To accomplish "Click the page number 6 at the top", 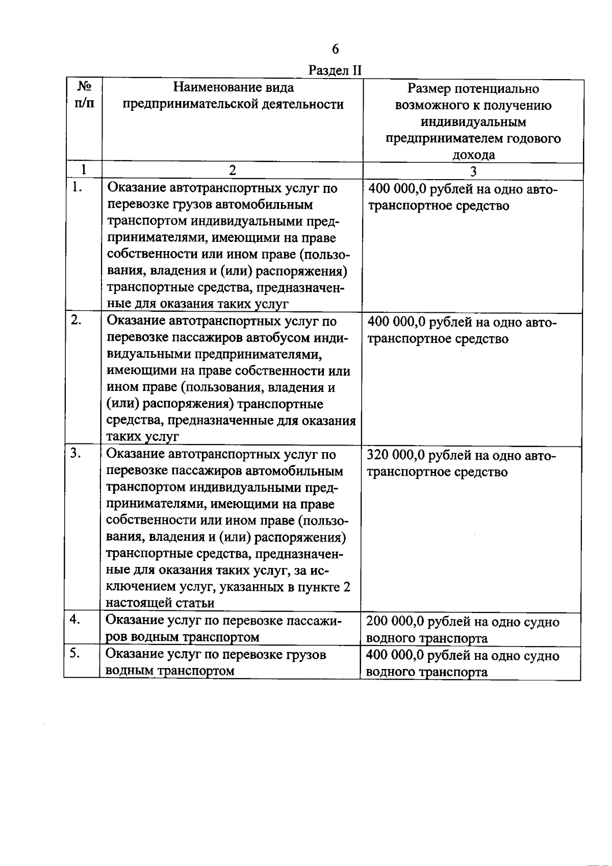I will (335, 49).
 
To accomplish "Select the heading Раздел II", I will (335, 70).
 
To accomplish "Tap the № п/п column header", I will (83, 95).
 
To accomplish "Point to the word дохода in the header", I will (473, 155).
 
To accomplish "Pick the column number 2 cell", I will (233, 170).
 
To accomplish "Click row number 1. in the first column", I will (77, 187).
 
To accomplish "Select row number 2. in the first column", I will (77, 320).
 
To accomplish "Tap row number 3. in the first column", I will (77, 453).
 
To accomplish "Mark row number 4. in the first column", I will (76, 620).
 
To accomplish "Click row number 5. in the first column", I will (76, 653).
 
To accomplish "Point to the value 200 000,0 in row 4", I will (396, 622).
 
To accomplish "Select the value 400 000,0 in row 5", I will (396, 656).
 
